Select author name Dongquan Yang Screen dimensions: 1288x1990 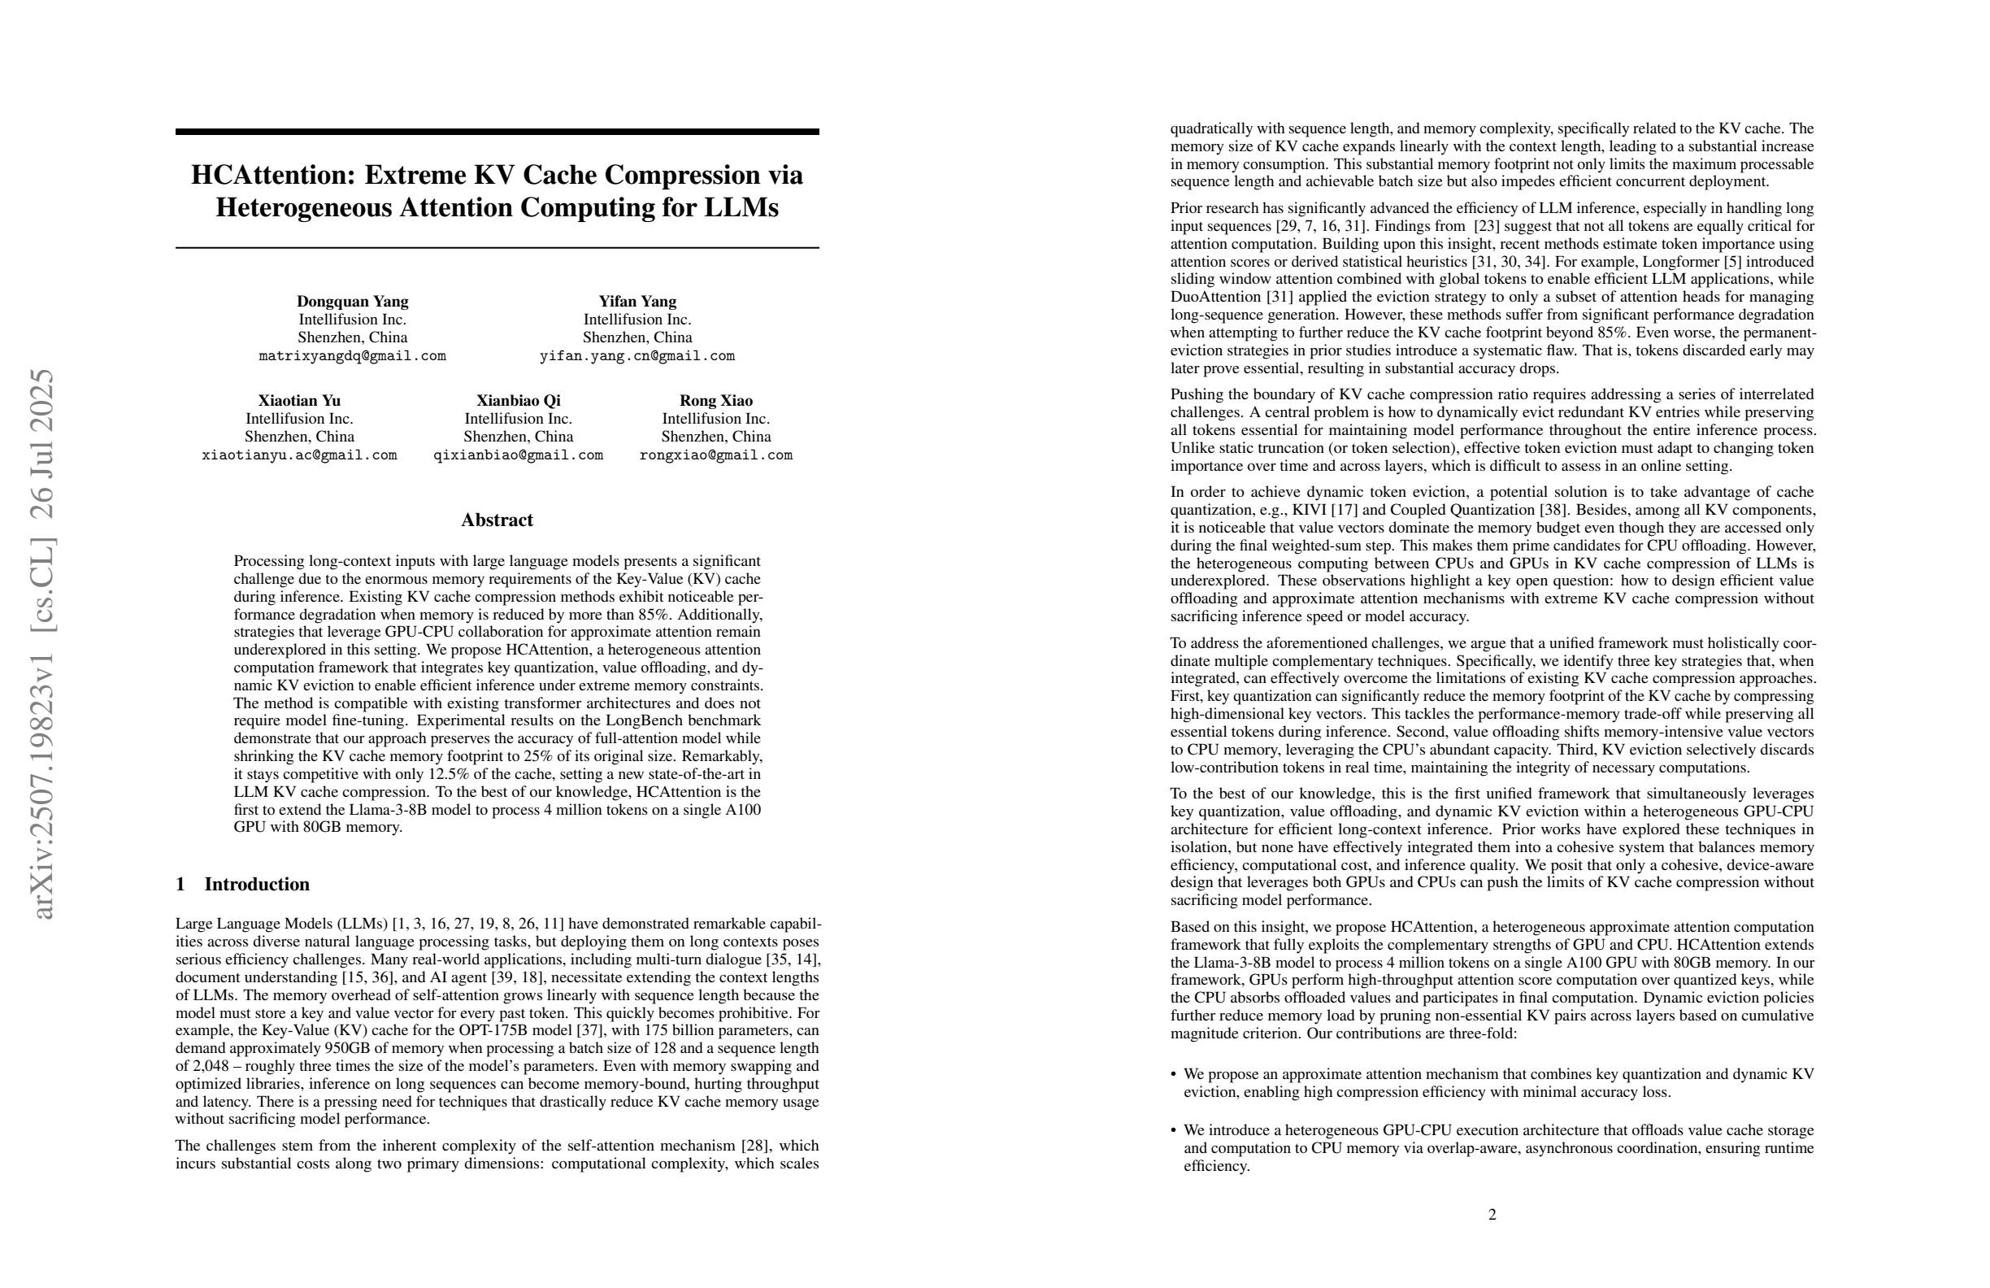(352, 302)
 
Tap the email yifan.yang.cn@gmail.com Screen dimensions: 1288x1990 (637, 356)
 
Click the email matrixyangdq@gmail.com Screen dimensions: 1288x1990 (352, 356)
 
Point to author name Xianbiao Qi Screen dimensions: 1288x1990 (519, 401)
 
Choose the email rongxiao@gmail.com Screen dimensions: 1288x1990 (715, 456)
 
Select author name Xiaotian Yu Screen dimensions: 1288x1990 (298, 401)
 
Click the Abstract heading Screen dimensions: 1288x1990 (497, 520)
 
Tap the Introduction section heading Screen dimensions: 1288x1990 (256, 885)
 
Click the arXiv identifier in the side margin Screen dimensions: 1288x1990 (41, 644)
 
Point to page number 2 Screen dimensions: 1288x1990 (1492, 1214)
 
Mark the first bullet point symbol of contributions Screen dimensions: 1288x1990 (1174, 1075)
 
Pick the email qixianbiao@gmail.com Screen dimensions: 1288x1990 (519, 456)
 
